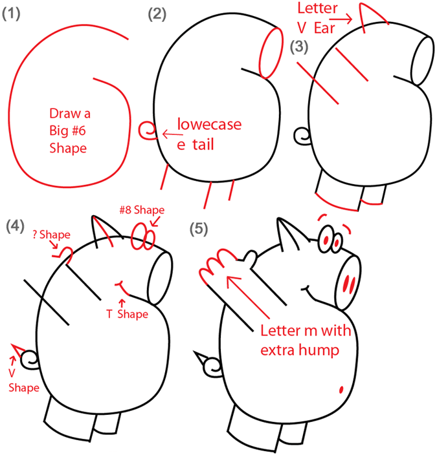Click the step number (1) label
pyautogui.click(x=11, y=14)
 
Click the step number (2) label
pyautogui.click(x=157, y=14)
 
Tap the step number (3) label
pyautogui.click(x=299, y=47)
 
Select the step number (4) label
pyautogui.click(x=15, y=226)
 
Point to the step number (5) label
pyautogui.click(x=199, y=229)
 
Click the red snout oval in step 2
pyautogui.click(x=271, y=53)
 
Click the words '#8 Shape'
pyautogui.click(x=142, y=210)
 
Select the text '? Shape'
pyautogui.click(x=51, y=235)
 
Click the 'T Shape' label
pyautogui.click(x=127, y=314)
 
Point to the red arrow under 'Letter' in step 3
pyautogui.click(x=341, y=19)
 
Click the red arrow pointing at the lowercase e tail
pyautogui.click(x=173, y=134)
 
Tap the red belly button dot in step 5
pyautogui.click(x=341, y=390)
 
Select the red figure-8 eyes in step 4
pyautogui.click(x=143, y=237)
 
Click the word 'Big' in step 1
pyautogui.click(x=58, y=131)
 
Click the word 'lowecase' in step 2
pyautogui.click(x=209, y=124)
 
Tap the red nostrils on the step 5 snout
pyautogui.click(x=349, y=284)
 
